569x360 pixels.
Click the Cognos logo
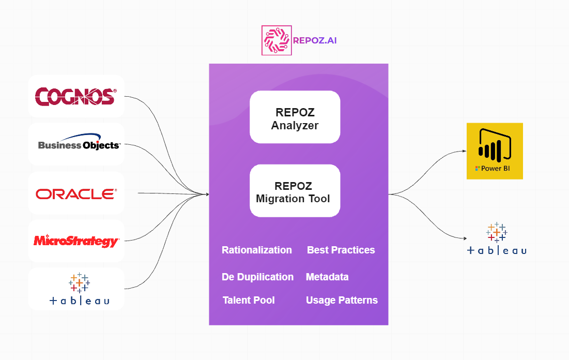tap(75, 96)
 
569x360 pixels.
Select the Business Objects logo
tap(79, 144)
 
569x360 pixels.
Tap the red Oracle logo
tap(76, 194)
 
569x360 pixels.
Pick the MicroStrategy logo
tap(76, 241)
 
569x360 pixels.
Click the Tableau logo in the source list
tap(79, 289)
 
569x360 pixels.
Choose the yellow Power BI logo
tap(495, 151)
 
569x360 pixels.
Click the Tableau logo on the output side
tap(497, 239)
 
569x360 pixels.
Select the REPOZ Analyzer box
tap(295, 117)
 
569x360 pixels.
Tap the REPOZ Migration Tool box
tap(295, 191)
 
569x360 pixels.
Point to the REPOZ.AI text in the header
tap(314, 40)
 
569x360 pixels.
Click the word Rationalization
tap(257, 250)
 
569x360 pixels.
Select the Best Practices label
tap(341, 250)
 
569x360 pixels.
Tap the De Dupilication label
tap(257, 277)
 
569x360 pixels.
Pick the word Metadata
tap(327, 277)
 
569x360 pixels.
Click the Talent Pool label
tap(249, 301)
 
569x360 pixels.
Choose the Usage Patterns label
tap(342, 301)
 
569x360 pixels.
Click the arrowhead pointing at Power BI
tap(464, 152)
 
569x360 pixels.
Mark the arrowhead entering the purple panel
tap(207, 194)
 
